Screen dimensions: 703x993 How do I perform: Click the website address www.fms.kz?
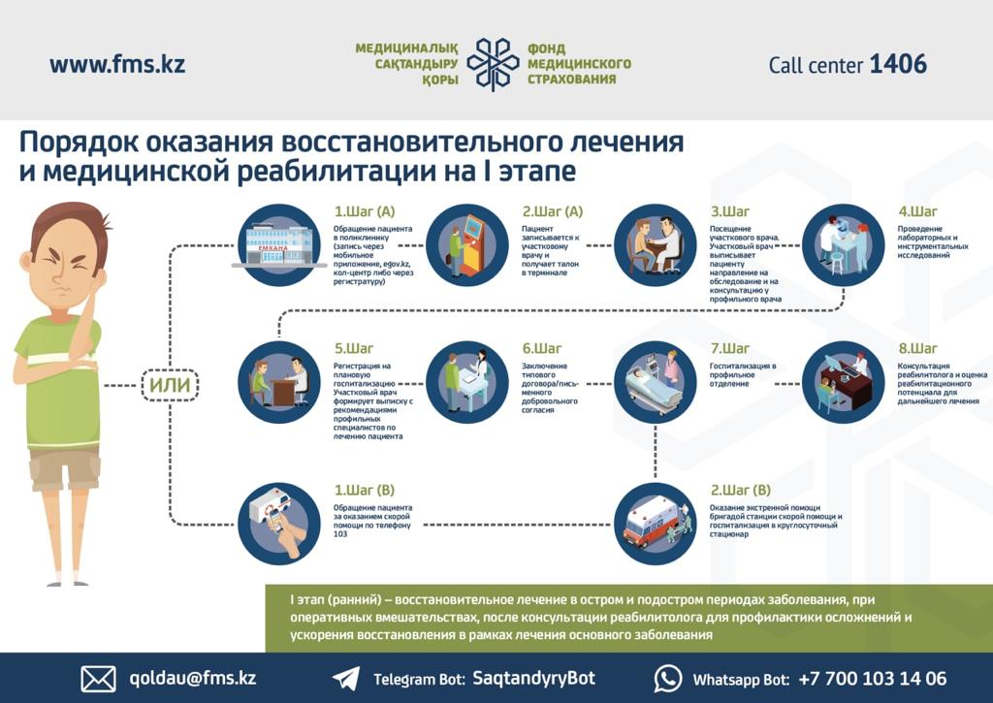point(117,65)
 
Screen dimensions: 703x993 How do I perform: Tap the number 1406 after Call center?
point(898,65)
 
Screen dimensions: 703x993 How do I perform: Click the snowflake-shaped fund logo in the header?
point(493,65)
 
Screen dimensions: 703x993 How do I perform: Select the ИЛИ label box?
point(170,385)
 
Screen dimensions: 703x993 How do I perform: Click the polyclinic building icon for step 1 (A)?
point(279,244)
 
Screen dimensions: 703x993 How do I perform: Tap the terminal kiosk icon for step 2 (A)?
point(467,244)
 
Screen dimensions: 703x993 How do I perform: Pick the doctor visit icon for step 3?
point(656,244)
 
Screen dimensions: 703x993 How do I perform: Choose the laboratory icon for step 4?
point(844,244)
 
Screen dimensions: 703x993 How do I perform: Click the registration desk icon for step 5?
point(279,382)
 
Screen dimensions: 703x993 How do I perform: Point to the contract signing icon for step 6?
point(467,382)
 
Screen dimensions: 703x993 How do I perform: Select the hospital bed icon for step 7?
point(656,382)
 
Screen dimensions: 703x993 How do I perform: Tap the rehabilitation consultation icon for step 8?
point(844,382)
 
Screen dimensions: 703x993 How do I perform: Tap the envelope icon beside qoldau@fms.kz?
point(98,679)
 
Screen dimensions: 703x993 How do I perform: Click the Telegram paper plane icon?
point(346,679)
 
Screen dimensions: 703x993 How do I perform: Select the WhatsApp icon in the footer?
point(668,679)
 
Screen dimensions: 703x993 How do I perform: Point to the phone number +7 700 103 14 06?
point(872,679)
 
